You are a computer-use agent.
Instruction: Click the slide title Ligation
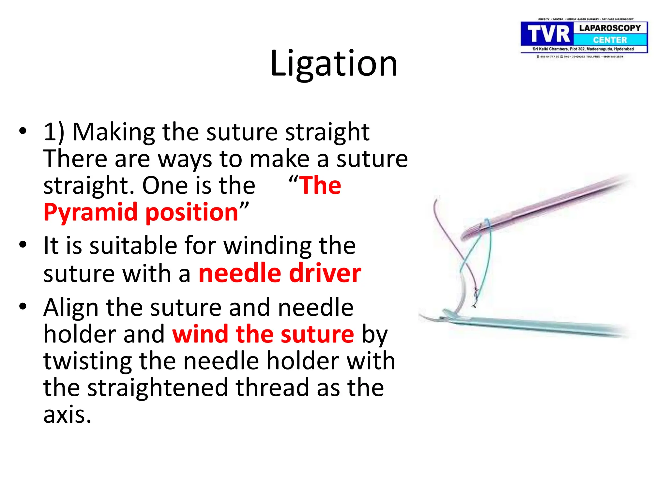(x=334, y=64)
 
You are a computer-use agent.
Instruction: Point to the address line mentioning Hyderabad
(x=583, y=49)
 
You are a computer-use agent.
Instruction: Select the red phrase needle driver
(x=280, y=273)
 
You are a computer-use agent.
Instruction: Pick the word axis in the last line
(x=67, y=415)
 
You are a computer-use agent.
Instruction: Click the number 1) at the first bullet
(x=54, y=132)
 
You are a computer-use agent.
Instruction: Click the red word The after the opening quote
(x=320, y=186)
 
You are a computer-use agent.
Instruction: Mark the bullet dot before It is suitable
(x=23, y=244)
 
